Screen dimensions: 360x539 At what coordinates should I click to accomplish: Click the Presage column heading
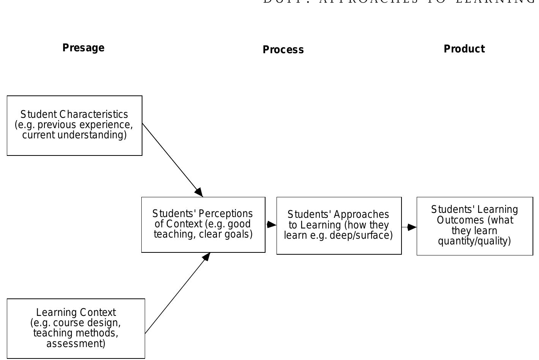coord(83,48)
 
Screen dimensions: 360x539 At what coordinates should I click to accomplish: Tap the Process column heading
coord(283,50)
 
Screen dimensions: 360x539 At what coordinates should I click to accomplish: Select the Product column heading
coord(464,49)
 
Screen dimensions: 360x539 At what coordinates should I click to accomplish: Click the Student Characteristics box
coord(74,125)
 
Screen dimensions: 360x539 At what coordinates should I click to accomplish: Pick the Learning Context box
coord(76,328)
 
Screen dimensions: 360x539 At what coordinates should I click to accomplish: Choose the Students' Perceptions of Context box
coord(203,225)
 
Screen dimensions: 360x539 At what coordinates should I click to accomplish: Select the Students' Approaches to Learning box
coord(339,226)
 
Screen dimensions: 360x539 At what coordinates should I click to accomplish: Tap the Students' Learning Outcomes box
coord(475,226)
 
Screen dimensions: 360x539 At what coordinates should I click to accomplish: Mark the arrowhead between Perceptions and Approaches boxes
coord(271,225)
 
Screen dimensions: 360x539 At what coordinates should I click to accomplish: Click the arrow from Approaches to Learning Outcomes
coord(409,227)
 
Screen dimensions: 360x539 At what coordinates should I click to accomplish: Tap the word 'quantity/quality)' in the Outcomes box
coord(474,241)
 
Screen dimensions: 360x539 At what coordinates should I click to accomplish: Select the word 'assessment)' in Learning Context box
coord(76,344)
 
